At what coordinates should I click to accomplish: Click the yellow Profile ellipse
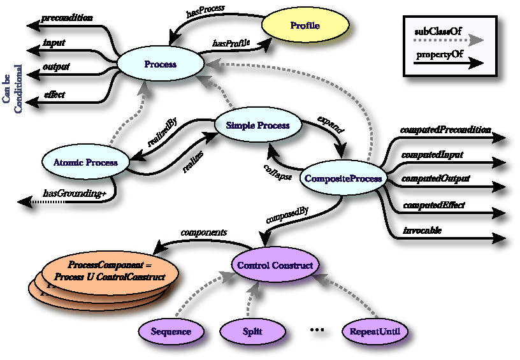point(305,26)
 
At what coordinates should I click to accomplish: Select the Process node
point(160,64)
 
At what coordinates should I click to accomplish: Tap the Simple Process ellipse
point(257,126)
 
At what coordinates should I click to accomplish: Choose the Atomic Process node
point(85,162)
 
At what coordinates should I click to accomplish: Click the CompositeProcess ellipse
point(343,179)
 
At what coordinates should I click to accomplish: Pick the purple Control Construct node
point(275,266)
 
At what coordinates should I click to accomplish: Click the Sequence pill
point(171,332)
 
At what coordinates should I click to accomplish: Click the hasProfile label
point(230,43)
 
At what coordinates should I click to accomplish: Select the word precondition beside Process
point(67,18)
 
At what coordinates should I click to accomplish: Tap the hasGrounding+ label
point(74,192)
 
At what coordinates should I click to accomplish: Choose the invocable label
point(422,230)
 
